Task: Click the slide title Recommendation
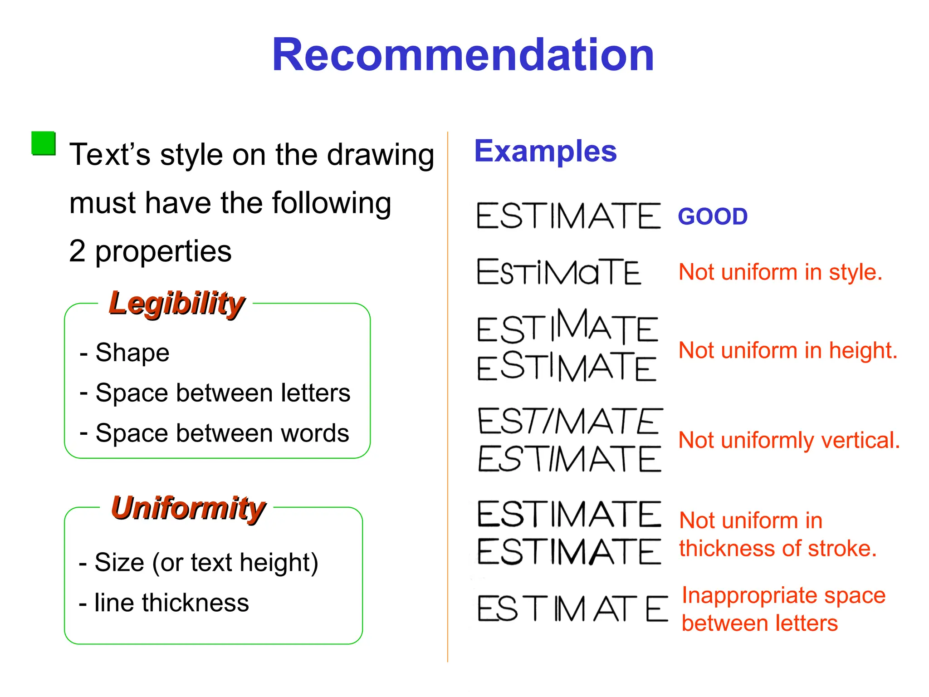(463, 55)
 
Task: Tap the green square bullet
(44, 143)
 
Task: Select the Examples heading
(545, 151)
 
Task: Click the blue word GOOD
(713, 216)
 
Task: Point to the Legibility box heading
(177, 303)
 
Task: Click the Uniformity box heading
(188, 508)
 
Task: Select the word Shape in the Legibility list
(132, 353)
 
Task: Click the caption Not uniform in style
(780, 272)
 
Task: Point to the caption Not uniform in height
(788, 351)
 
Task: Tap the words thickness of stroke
(777, 549)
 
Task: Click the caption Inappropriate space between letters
(783, 609)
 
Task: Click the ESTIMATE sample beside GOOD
(569, 216)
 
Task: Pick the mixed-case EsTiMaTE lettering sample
(559, 272)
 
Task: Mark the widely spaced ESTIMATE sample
(572, 609)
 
